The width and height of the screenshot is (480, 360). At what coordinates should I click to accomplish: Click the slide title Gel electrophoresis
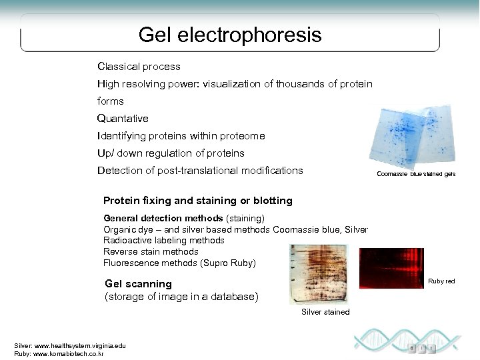230,35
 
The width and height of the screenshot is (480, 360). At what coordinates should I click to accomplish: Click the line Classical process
139,67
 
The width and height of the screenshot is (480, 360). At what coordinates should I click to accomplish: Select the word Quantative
123,119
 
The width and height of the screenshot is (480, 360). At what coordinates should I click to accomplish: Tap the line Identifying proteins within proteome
181,136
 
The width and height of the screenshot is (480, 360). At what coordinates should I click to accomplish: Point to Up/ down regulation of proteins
171,153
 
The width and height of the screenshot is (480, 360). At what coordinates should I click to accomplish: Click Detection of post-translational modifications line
200,171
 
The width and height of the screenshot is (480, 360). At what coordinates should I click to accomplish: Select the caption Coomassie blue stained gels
416,174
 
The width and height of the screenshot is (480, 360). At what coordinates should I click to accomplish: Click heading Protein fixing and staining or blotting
197,201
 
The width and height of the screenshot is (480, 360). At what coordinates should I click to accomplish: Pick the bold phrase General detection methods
163,218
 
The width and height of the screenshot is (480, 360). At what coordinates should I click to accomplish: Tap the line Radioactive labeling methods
164,240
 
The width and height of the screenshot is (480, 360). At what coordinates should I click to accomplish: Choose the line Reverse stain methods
151,251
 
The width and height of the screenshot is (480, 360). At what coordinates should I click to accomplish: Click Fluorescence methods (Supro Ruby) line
179,263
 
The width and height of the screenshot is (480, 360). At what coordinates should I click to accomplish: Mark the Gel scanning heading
138,284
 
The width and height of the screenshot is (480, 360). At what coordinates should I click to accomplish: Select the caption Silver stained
325,312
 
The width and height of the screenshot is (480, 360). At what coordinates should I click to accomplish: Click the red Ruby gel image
391,267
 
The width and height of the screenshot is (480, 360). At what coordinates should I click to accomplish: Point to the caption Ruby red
441,281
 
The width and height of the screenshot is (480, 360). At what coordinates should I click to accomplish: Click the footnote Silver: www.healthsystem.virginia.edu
69,345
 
